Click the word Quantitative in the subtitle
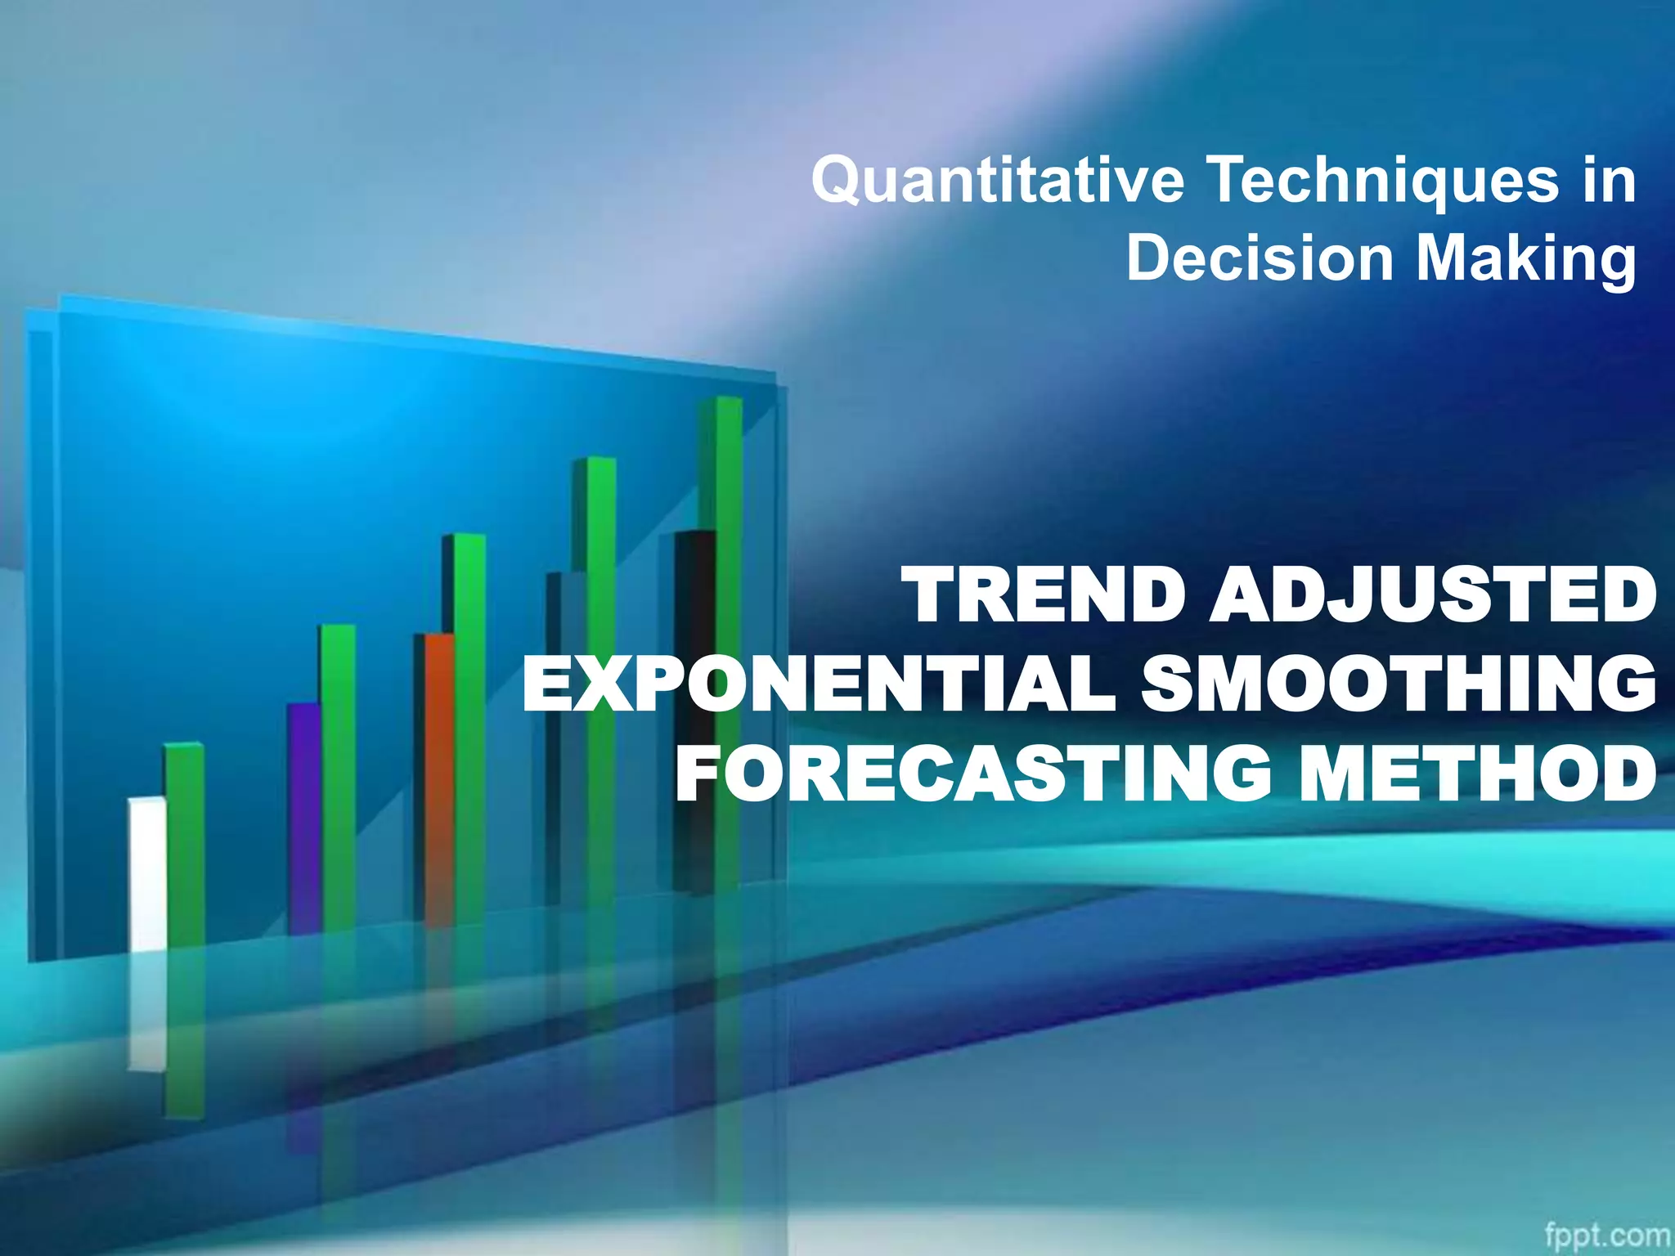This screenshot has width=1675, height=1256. (997, 182)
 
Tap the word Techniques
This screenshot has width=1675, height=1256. (1382, 182)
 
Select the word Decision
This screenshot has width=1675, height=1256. (1260, 259)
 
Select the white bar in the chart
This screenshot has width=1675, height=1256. (147, 875)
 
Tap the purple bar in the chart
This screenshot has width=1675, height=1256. (303, 818)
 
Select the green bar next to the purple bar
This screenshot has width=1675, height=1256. (338, 777)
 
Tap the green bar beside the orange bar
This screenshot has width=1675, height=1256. (469, 728)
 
